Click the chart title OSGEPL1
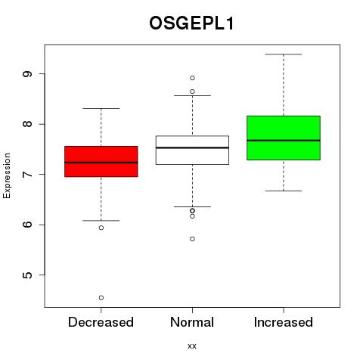(191, 23)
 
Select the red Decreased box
(101, 161)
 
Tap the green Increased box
(284, 138)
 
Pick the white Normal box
(192, 150)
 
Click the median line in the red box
(101, 163)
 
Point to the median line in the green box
(284, 141)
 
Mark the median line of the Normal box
(192, 147)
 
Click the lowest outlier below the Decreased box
(101, 298)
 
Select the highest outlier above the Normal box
(192, 78)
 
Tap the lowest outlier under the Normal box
(192, 239)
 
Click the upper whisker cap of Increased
(284, 54)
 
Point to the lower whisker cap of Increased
(284, 191)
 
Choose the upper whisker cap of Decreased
(101, 108)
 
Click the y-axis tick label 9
(28, 74)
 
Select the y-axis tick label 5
(28, 275)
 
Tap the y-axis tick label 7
(28, 174)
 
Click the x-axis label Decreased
(101, 322)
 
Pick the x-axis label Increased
(284, 322)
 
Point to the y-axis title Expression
(7, 175)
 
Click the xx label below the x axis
(192, 346)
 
